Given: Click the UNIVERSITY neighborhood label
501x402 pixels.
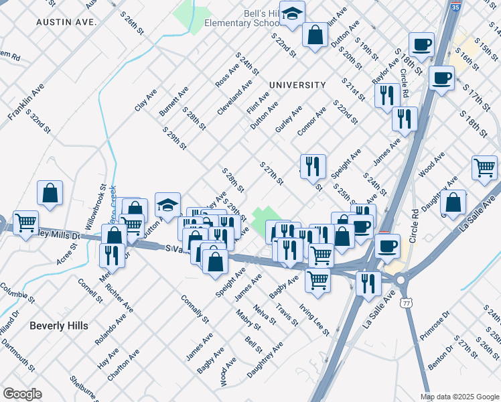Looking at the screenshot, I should tap(297, 85).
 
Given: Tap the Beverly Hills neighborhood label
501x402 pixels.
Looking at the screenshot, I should tap(59, 326).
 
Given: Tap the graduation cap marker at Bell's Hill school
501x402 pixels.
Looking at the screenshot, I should tap(292, 13).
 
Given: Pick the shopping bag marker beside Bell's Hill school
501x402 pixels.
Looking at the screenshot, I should tap(315, 35).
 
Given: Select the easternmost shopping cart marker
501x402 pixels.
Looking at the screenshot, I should tap(484, 167).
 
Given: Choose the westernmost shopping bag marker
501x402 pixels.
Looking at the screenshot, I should tap(50, 194).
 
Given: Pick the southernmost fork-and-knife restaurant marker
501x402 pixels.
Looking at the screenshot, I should tap(368, 283).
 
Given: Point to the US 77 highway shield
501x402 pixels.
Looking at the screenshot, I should tap(407, 304).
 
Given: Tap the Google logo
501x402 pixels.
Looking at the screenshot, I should tap(21, 394).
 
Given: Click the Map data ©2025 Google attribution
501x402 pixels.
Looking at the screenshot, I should tap(459, 397).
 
